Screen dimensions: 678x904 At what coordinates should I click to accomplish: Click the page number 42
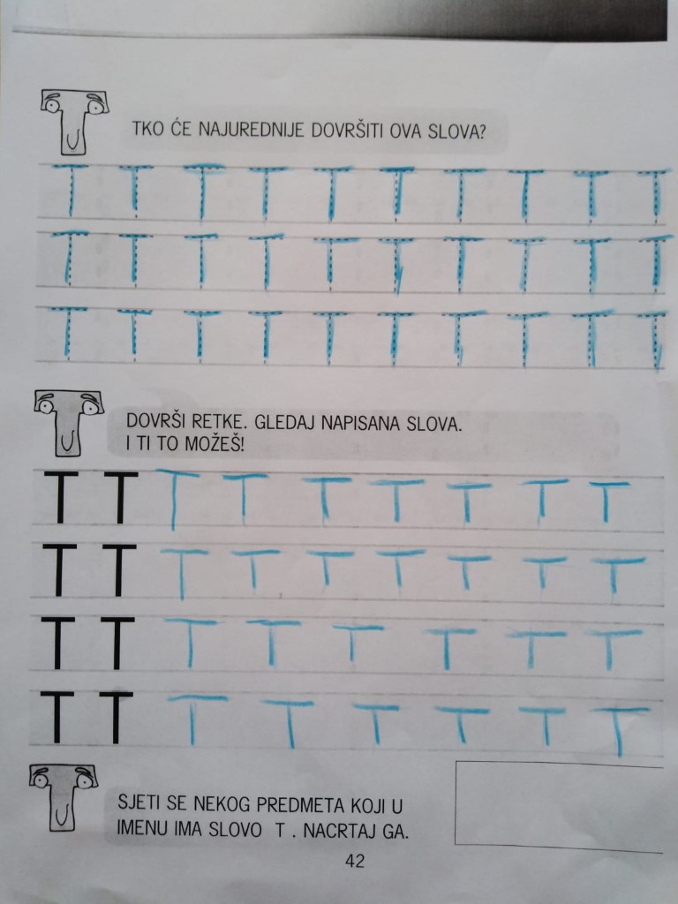[x=355, y=861]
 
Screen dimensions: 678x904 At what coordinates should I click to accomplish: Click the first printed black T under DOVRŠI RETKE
[x=60, y=497]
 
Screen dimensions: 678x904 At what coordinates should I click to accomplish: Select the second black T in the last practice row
[x=116, y=718]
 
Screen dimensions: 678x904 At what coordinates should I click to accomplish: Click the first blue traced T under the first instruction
[x=71, y=191]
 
